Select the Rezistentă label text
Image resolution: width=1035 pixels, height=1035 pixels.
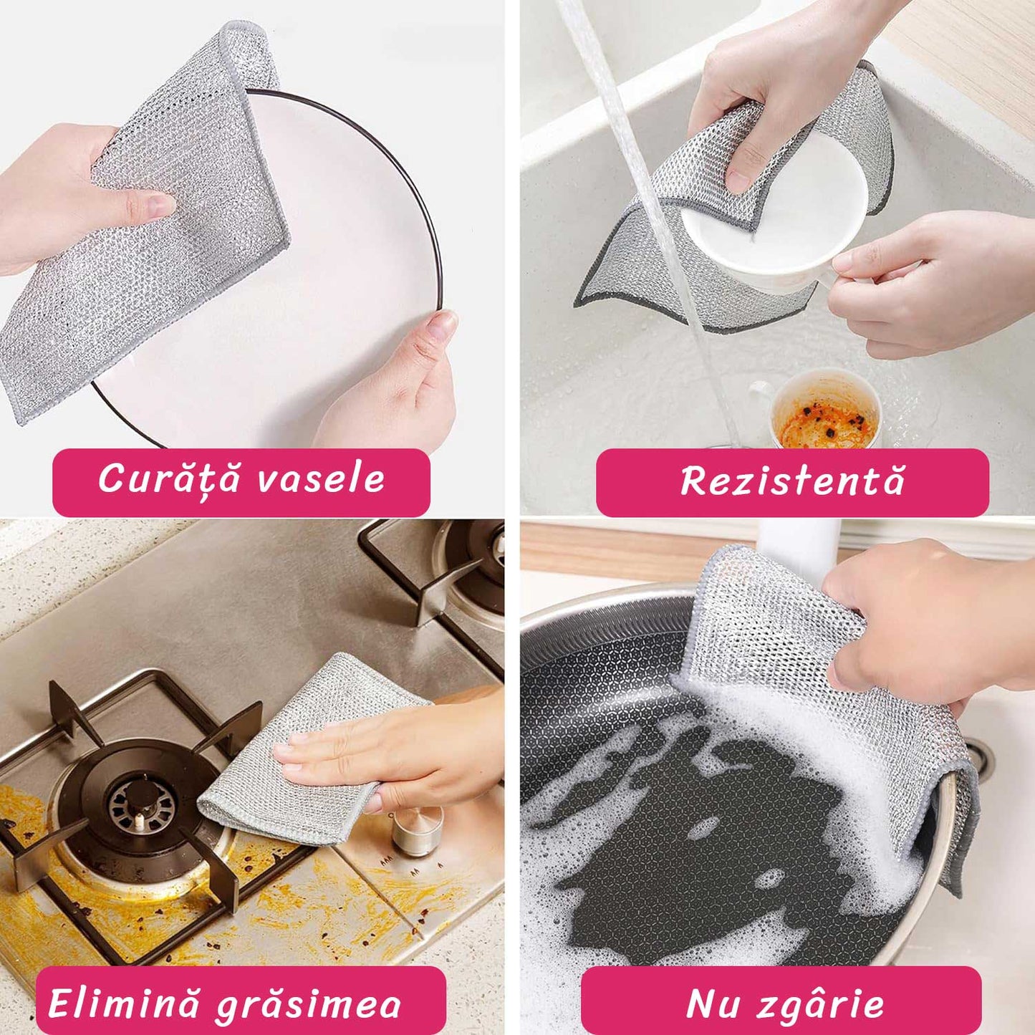coord(792,481)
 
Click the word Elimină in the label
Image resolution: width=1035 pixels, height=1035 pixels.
coord(124,1003)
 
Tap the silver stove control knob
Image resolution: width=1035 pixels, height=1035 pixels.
coord(417,831)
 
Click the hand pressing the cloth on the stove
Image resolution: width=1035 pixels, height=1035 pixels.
coord(401,752)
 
